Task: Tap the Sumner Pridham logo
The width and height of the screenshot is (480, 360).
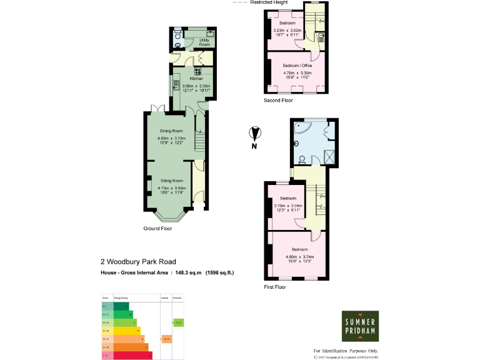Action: coord(359,325)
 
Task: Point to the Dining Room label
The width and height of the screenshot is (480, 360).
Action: coord(171,131)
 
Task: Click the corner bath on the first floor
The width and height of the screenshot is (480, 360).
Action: coord(302,129)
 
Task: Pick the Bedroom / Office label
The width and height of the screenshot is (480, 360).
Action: coord(297,66)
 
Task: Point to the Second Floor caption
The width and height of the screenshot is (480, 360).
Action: coord(278,100)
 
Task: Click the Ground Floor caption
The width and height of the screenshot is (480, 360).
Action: coord(157,229)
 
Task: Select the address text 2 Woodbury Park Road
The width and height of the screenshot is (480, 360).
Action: coord(138,262)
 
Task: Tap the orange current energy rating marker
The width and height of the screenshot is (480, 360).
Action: coord(166,339)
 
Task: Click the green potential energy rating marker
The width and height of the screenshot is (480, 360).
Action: coord(178,322)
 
